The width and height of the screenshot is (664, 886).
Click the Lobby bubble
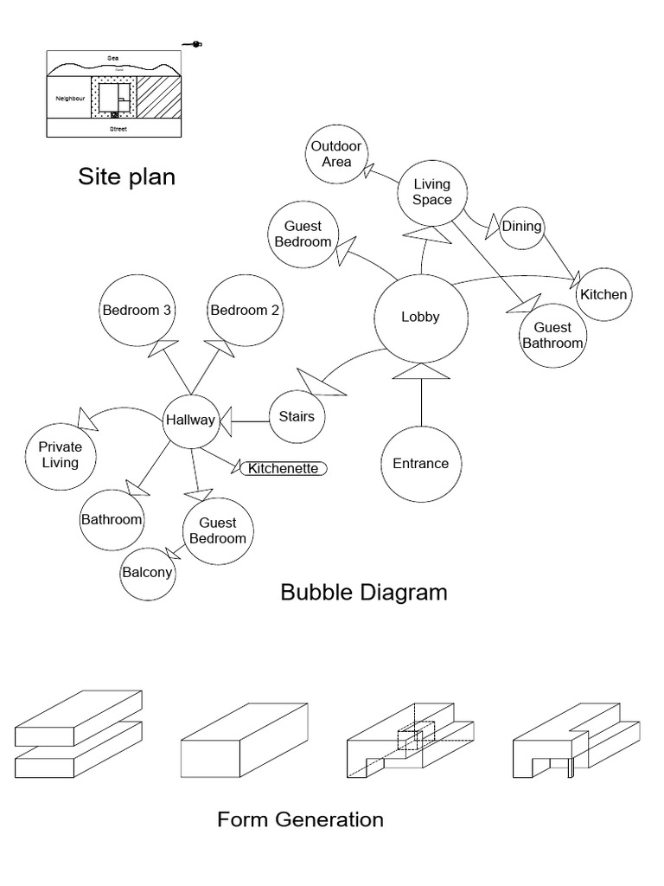point(420,317)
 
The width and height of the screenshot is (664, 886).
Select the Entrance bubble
point(421,464)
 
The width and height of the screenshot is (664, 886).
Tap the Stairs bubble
point(297,417)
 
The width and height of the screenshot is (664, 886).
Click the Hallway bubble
point(190,421)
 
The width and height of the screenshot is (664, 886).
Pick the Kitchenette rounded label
point(284,469)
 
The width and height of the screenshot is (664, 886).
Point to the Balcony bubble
point(147,573)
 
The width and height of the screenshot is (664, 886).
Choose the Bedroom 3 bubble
point(137,311)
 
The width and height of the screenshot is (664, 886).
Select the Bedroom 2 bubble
point(245,311)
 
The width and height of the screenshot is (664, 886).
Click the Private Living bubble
point(59,455)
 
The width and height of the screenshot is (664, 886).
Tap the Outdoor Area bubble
point(336,154)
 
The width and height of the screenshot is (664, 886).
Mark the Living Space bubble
point(432,192)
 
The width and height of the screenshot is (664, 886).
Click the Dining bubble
point(521,227)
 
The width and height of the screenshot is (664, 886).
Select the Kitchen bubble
point(603,294)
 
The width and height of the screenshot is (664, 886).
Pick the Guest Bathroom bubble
point(552,335)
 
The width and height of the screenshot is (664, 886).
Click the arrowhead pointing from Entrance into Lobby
point(421,371)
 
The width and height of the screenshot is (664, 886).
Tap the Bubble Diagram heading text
point(364,593)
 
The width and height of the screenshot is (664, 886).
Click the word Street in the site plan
point(113,128)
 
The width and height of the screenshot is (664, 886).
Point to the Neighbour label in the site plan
point(71,99)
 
